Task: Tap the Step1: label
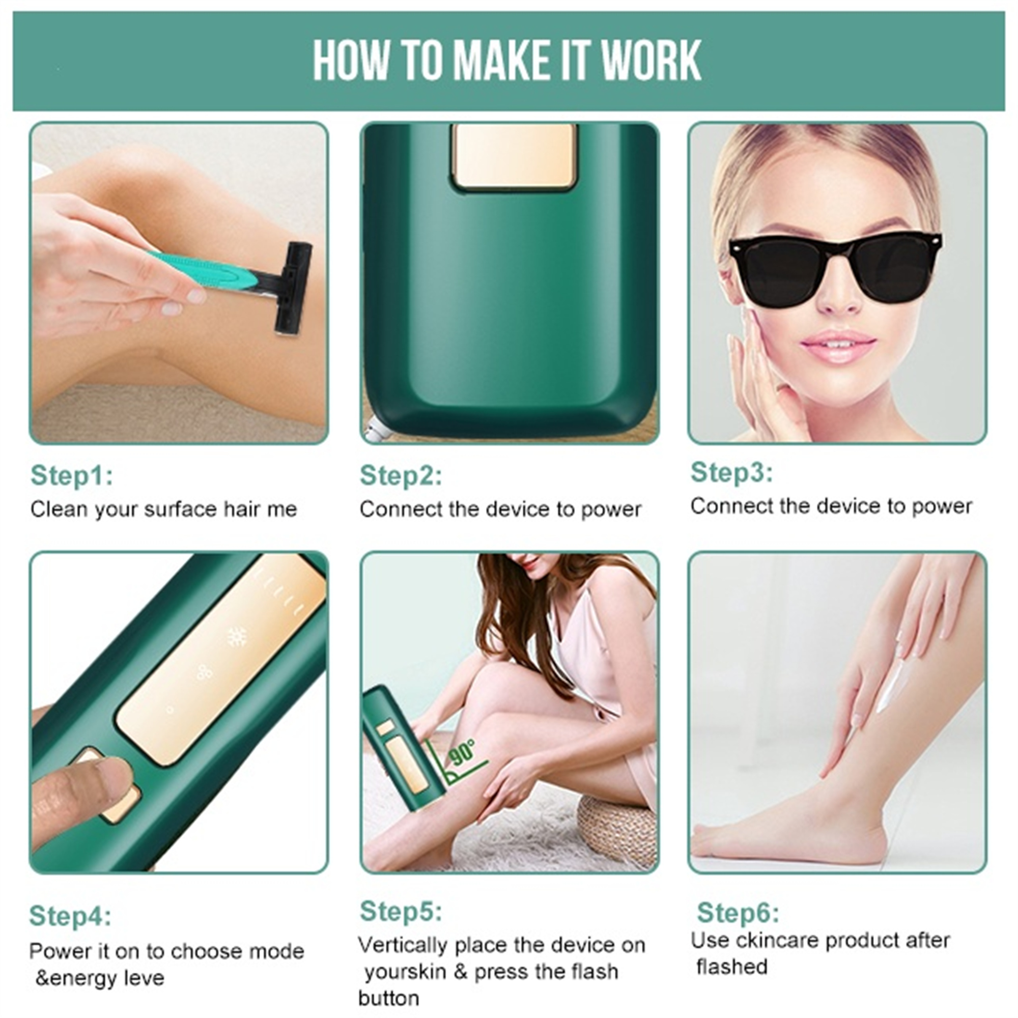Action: (72, 475)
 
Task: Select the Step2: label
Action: (401, 475)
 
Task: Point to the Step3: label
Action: (732, 472)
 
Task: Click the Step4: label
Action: (71, 916)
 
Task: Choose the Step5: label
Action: (401, 911)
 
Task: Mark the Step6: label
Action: (738, 913)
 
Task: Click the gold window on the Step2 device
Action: (514, 156)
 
